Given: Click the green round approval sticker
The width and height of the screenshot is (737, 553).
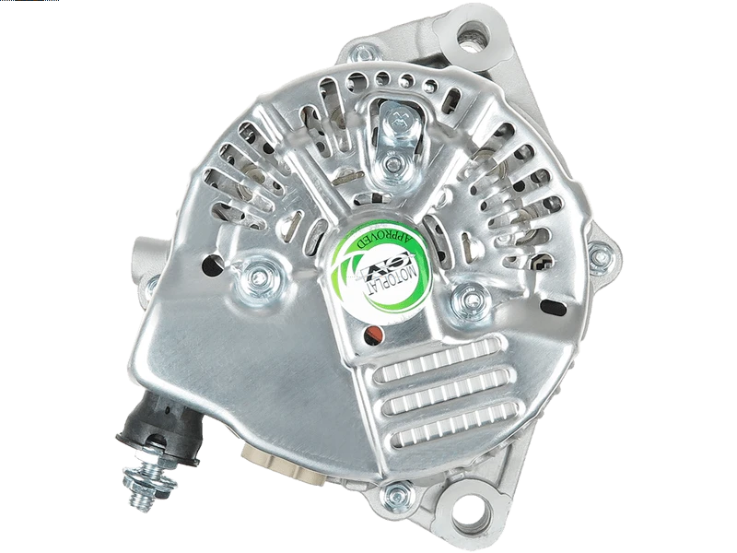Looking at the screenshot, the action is pyautogui.click(x=380, y=275).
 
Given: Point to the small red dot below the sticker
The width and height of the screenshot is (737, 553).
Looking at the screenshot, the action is pyautogui.click(x=374, y=335).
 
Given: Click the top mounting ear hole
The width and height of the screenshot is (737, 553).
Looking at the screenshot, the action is pyautogui.click(x=474, y=36).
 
